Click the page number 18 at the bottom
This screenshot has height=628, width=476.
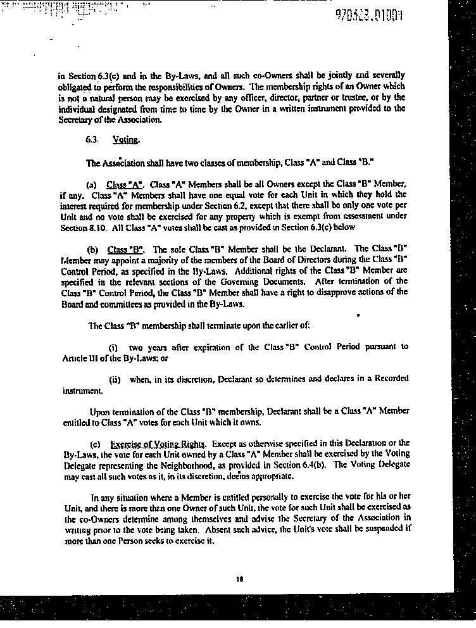pos(239,579)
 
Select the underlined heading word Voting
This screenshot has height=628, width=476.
pos(126,141)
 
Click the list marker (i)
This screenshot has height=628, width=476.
pos(114,347)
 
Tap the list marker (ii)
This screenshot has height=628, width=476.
pos(115,379)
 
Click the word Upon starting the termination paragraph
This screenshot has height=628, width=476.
pos(101,411)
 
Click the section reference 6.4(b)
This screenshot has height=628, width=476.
pos(313,465)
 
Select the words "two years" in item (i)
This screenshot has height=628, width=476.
pos(147,347)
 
